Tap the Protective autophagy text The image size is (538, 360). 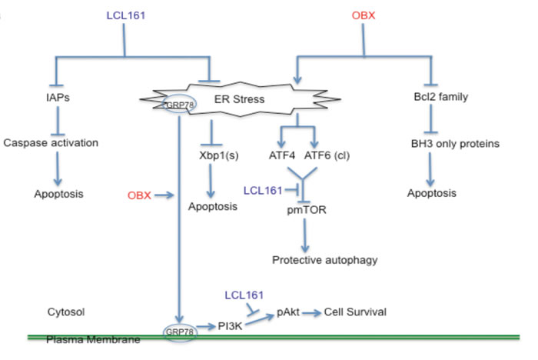point(325,260)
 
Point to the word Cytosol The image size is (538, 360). point(65,312)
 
